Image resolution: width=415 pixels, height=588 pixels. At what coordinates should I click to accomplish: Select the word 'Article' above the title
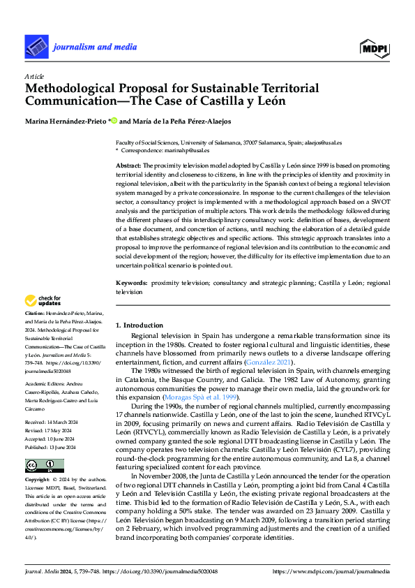coord(34,75)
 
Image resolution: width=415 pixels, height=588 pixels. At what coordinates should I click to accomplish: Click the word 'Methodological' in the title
coord(66,89)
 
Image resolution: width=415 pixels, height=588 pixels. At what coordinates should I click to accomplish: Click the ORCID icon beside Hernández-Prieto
coord(114,121)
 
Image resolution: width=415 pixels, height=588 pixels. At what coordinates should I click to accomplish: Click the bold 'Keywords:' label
coord(130,283)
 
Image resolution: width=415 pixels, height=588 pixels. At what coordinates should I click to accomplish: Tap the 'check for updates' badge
coord(43,301)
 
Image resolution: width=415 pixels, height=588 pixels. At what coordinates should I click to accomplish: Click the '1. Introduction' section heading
coord(139,325)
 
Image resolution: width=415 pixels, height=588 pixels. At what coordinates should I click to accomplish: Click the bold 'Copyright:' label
coord(38,480)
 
